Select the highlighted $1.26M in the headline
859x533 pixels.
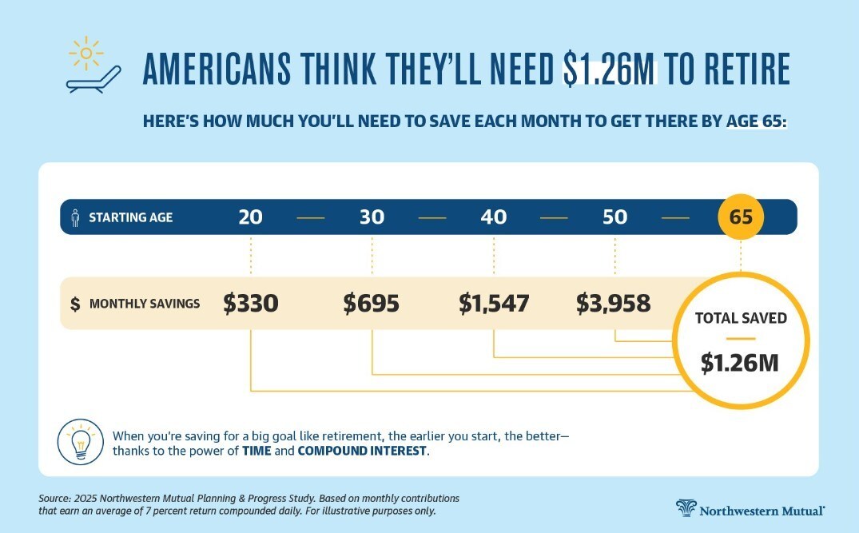tap(610, 70)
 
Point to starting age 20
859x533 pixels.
tap(250, 217)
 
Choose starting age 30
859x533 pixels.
tap(372, 217)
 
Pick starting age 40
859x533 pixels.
tap(494, 217)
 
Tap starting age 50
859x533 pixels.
tap(615, 217)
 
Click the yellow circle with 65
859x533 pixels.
tap(741, 217)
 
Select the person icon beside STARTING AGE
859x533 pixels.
tap(76, 217)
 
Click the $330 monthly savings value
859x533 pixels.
tap(251, 304)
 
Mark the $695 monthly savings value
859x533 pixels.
tap(372, 304)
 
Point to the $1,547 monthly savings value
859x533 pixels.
tap(494, 304)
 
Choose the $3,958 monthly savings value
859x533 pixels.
tap(614, 304)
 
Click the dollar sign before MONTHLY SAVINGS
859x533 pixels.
tap(75, 304)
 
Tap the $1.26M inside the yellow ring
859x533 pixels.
tap(739, 363)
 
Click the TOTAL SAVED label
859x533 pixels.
tap(741, 317)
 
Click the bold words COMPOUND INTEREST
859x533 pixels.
tap(363, 451)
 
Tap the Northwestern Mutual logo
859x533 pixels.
tap(751, 509)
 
